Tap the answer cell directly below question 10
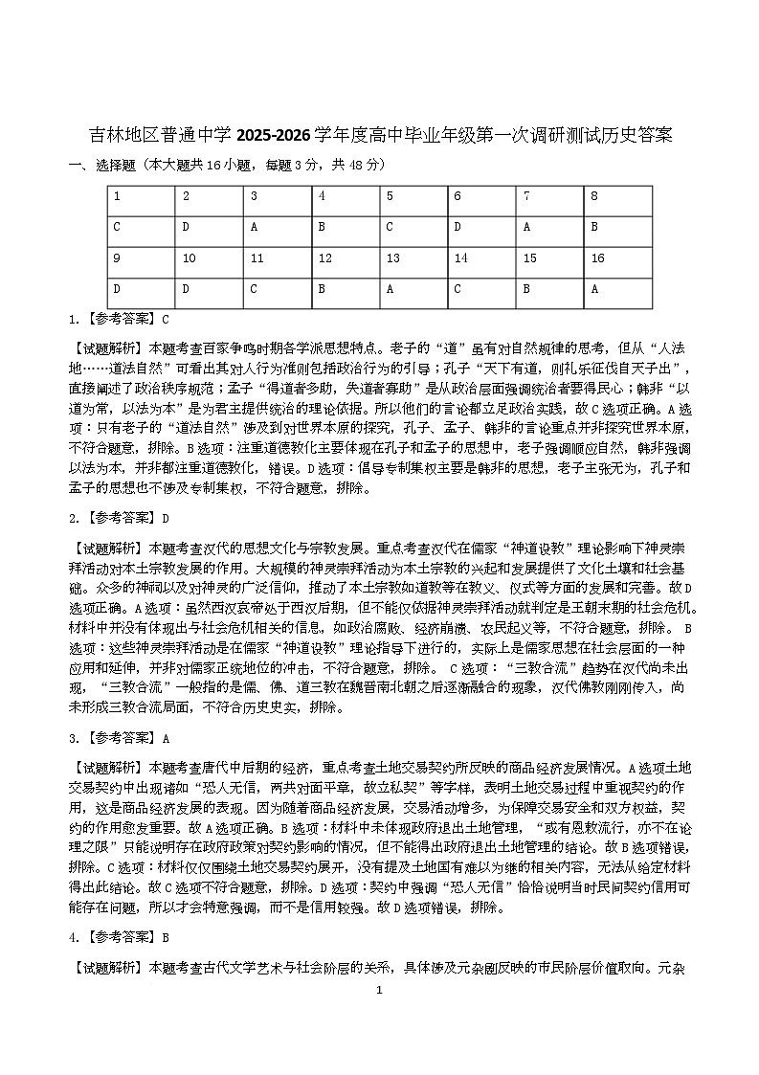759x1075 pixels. tap(210, 289)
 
